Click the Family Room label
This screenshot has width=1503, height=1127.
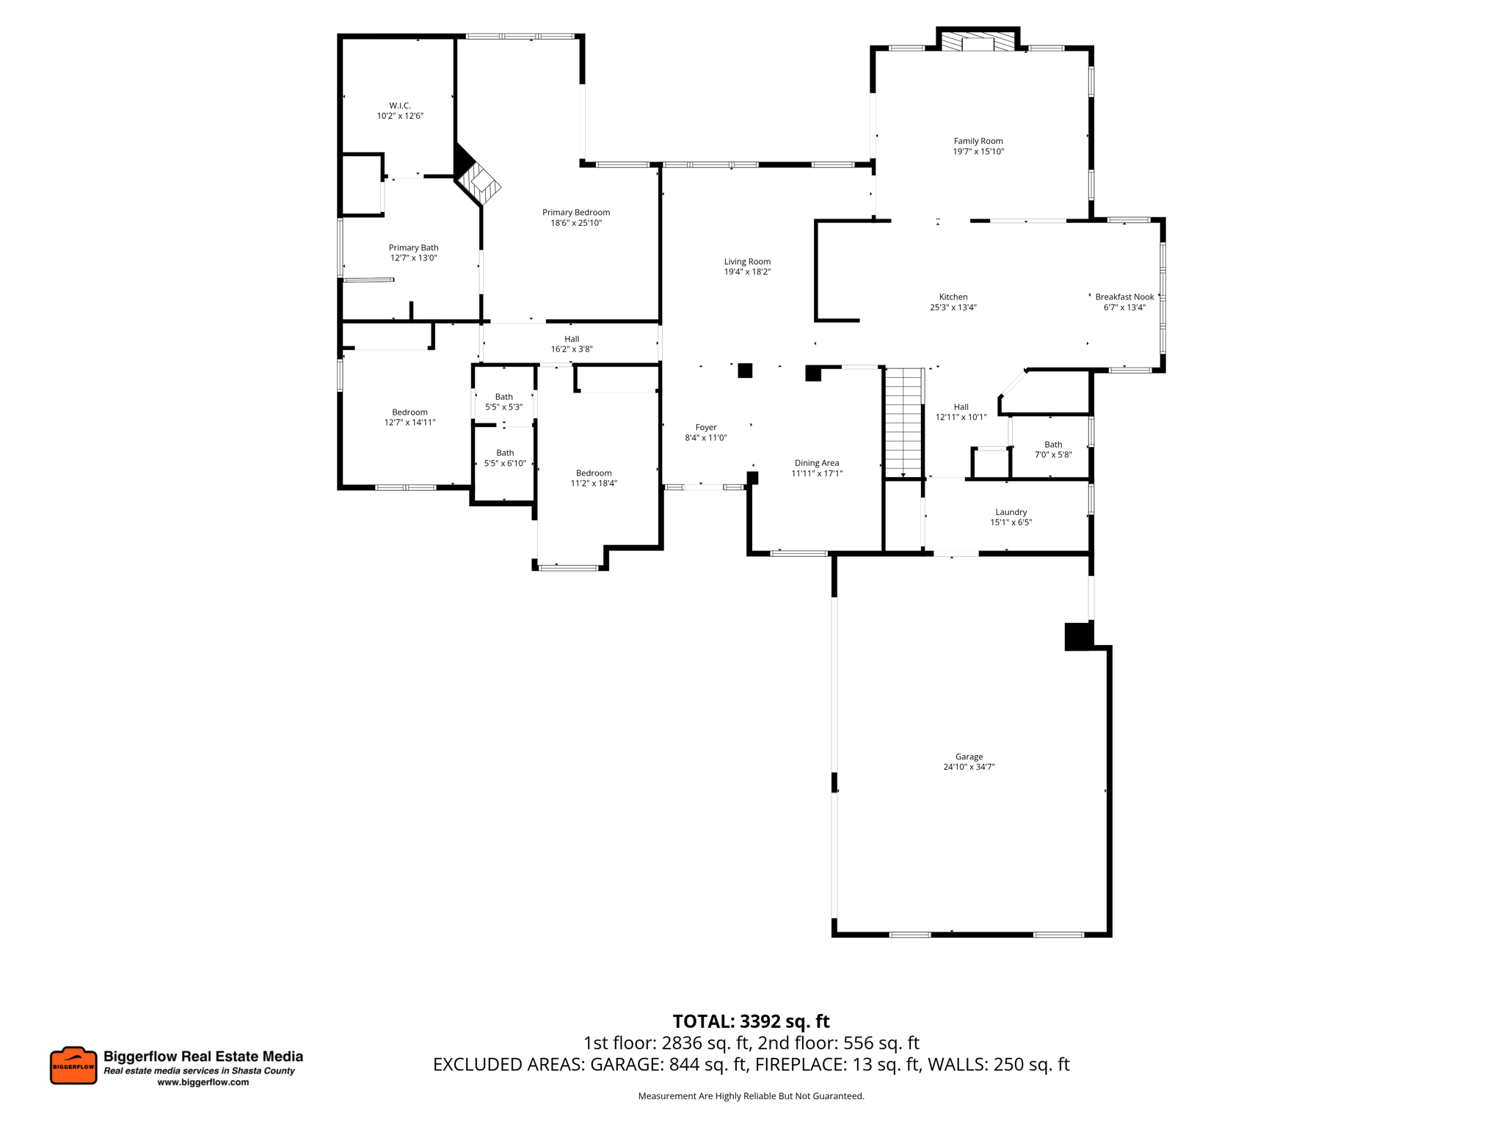click(x=978, y=141)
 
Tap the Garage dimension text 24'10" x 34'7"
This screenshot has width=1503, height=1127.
click(x=969, y=767)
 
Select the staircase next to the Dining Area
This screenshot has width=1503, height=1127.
click(x=903, y=423)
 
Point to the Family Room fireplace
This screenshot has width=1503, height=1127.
click(x=978, y=41)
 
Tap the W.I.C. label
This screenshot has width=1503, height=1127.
click(x=400, y=106)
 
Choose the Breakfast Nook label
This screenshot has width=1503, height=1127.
click(x=1124, y=297)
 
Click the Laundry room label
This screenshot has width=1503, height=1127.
click(x=1011, y=512)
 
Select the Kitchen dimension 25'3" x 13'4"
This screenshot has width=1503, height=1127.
click(x=953, y=307)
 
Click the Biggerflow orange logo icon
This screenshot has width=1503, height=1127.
click(x=73, y=1065)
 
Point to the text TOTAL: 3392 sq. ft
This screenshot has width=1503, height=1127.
click(x=751, y=1021)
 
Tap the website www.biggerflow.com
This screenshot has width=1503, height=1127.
click(x=203, y=1082)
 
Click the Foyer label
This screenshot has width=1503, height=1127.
click(x=706, y=427)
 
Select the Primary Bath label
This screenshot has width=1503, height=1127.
click(x=414, y=248)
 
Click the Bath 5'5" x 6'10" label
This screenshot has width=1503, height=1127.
click(x=505, y=458)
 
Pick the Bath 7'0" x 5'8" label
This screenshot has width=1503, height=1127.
click(x=1053, y=449)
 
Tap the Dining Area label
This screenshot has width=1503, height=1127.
click(x=817, y=463)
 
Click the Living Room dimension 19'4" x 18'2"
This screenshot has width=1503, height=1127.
click(x=747, y=271)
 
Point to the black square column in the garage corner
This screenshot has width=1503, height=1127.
click(x=1078, y=636)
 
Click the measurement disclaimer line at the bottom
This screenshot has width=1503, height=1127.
click(x=751, y=1096)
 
